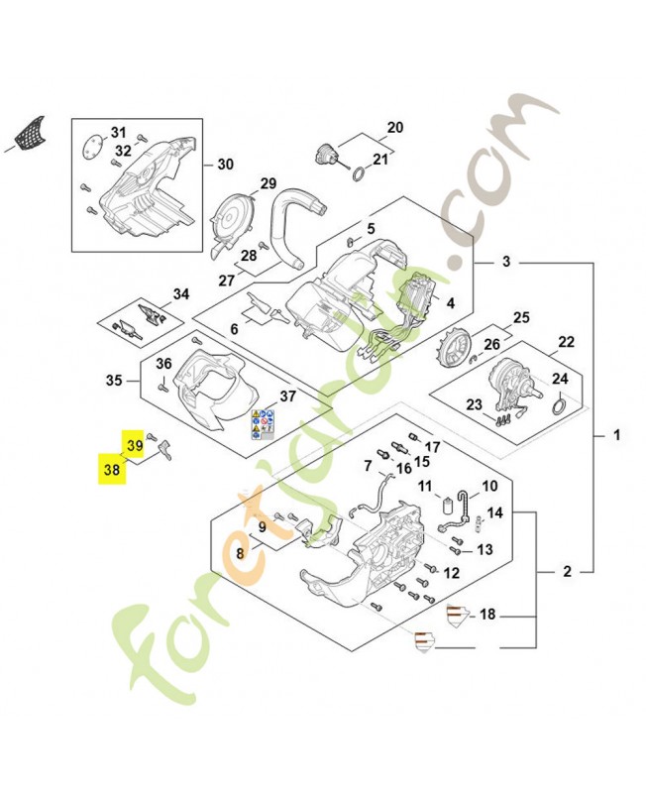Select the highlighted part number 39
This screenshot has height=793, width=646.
(x=133, y=445)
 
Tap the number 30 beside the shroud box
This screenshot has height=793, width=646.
(x=225, y=165)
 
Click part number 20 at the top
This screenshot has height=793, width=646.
(x=394, y=127)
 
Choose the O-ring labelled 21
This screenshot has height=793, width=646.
(x=356, y=175)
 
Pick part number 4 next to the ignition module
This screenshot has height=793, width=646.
(x=450, y=304)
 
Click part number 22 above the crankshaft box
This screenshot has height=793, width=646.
(x=566, y=342)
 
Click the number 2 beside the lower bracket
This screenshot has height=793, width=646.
(x=567, y=572)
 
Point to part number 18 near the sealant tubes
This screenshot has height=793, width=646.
(x=486, y=615)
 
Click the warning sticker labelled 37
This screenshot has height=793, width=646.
(x=262, y=423)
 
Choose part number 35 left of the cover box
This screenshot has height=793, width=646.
(x=114, y=380)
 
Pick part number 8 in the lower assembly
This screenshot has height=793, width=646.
(x=240, y=555)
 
